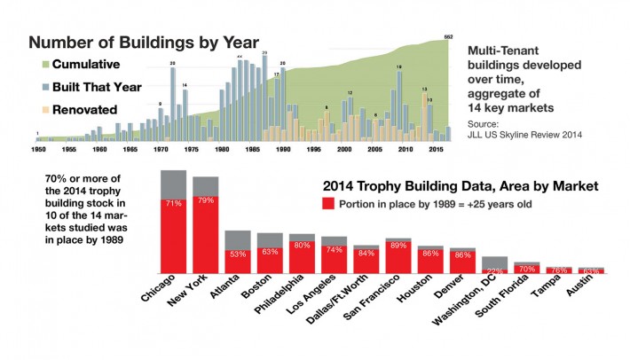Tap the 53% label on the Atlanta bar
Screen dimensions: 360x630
238,254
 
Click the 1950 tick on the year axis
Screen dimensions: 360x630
37,152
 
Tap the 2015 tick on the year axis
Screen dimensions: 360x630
435,152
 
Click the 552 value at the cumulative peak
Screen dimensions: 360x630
448,38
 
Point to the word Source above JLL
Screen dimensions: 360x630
484,124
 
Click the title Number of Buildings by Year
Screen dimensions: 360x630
145,42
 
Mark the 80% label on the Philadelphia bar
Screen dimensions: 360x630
302,246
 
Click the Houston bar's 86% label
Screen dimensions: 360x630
430,254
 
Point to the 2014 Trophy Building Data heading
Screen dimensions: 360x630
448,186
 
